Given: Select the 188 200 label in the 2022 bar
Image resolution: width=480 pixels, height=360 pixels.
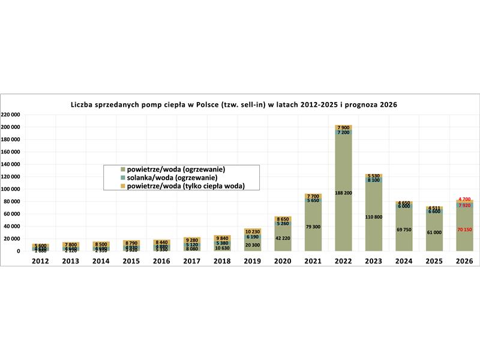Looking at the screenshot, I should [x=343, y=194].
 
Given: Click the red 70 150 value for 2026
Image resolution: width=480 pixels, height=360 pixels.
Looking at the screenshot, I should [x=464, y=230].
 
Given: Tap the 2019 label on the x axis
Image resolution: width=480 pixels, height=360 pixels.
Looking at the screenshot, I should [x=252, y=262].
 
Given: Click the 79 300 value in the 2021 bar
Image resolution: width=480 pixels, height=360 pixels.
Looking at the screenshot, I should [x=313, y=227].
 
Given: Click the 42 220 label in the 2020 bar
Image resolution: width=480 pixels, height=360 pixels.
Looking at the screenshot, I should [x=283, y=238].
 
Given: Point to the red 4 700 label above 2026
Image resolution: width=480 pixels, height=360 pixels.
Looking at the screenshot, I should [x=464, y=199].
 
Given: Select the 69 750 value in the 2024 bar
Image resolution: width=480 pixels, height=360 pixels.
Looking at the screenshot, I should [x=403, y=230].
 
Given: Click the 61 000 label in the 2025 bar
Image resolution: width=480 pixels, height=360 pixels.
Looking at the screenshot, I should [x=433, y=232].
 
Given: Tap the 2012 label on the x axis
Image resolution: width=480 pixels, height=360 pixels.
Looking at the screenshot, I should [x=40, y=262].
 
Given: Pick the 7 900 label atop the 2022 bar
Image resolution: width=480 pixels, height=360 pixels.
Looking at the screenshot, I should [x=343, y=127].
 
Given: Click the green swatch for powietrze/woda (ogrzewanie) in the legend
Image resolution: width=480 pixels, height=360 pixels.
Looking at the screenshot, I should [x=122, y=170].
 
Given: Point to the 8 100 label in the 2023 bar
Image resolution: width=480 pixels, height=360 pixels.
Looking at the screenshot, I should [x=373, y=179].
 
